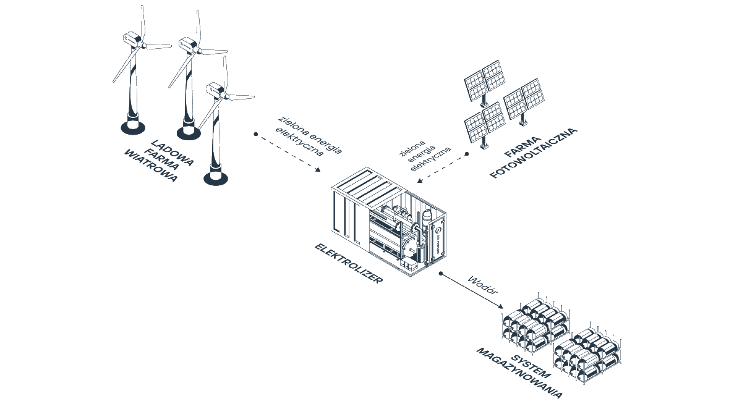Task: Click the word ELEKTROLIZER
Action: (x=349, y=263)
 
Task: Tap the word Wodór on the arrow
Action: (x=483, y=285)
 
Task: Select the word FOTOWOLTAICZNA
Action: (x=533, y=153)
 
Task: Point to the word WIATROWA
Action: (x=151, y=166)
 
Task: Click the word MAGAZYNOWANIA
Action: (x=519, y=373)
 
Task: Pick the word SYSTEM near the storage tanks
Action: (x=531, y=367)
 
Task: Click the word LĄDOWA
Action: (x=173, y=153)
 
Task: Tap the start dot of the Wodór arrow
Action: (x=440, y=273)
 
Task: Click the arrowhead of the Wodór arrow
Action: (x=500, y=306)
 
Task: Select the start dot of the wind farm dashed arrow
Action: (x=256, y=134)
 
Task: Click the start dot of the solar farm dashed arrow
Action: (x=467, y=154)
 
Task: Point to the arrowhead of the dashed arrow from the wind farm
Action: (x=318, y=170)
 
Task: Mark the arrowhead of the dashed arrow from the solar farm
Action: (x=420, y=180)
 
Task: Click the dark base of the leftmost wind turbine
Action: (x=132, y=127)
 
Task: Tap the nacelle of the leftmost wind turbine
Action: (x=132, y=39)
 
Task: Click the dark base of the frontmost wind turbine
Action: (x=216, y=179)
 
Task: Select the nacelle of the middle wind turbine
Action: (x=188, y=44)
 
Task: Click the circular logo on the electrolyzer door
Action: (x=438, y=230)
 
